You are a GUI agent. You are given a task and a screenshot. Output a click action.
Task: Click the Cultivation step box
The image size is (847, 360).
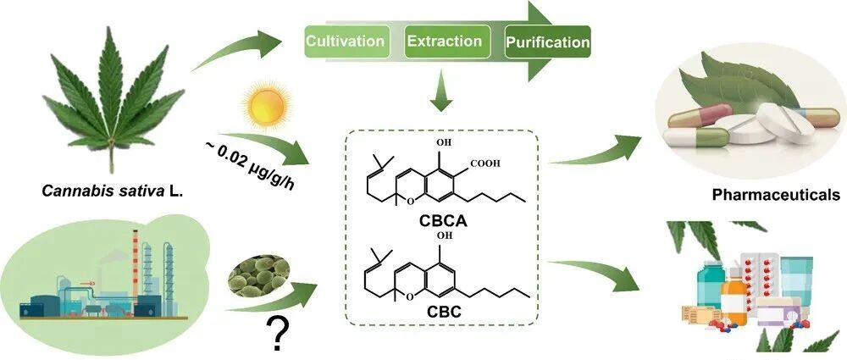point(346,41)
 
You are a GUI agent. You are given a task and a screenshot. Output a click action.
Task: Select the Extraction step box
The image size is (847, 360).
point(445,41)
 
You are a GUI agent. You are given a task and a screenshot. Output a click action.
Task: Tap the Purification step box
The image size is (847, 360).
point(547,41)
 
